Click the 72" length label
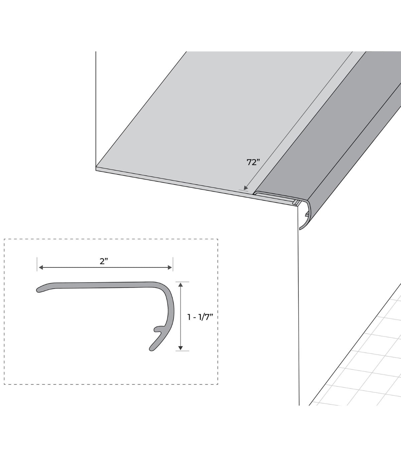pos(253,162)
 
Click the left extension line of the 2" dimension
pos(37,264)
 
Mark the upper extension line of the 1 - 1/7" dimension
pos(182,282)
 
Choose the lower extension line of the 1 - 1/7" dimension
pos(182,351)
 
